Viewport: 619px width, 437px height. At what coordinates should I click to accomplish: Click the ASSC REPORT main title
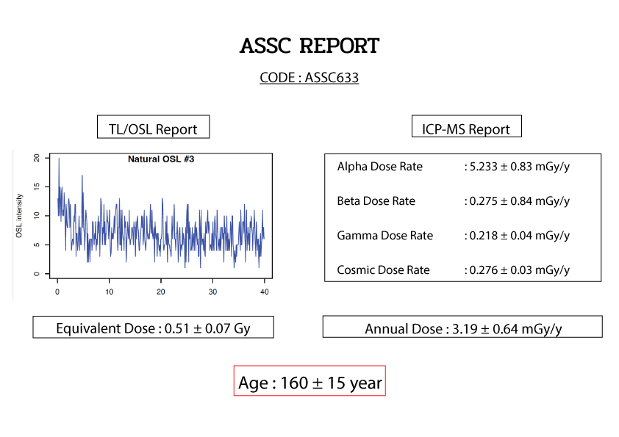tap(309, 46)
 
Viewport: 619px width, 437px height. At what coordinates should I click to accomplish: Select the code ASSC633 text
tap(332, 77)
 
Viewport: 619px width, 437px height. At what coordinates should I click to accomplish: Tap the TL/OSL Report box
tap(153, 127)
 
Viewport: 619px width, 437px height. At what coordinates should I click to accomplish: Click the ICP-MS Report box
tap(466, 126)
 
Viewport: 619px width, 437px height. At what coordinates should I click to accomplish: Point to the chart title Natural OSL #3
tap(161, 159)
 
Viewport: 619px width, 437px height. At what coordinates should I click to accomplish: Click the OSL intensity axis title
tap(19, 216)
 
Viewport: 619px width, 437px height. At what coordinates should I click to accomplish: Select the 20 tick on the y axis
tap(37, 158)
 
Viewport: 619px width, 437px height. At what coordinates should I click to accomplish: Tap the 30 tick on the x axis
tap(212, 292)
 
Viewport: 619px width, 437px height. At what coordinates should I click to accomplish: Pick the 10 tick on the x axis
tap(110, 292)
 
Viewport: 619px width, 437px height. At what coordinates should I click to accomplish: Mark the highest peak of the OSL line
tap(59, 158)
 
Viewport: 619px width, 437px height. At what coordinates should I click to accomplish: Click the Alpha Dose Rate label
tap(380, 167)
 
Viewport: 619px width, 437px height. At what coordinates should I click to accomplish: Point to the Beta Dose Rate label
tap(376, 201)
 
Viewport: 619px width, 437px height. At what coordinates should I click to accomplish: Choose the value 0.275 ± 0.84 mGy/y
tap(520, 201)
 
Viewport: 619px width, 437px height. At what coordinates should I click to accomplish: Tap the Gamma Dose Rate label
tap(385, 236)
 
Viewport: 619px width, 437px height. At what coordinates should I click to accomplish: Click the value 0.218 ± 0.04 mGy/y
tap(520, 236)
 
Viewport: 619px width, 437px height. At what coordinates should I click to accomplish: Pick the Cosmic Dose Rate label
tap(383, 270)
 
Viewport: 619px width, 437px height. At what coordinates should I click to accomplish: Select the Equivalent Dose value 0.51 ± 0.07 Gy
tap(207, 328)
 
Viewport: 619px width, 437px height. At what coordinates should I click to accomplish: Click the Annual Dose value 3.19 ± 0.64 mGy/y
tap(507, 329)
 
